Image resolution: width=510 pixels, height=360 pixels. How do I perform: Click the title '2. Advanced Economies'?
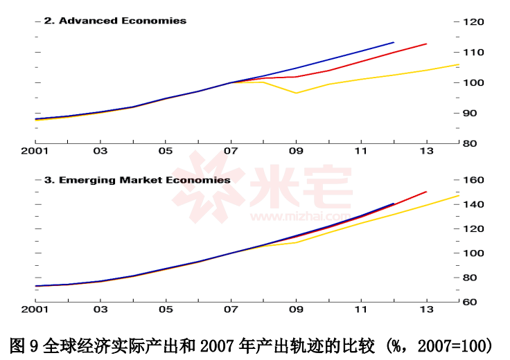coord(115,21)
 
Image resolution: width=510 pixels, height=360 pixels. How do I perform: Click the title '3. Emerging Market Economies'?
coord(137,180)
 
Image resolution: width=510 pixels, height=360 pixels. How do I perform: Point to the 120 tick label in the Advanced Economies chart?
coord(473,21)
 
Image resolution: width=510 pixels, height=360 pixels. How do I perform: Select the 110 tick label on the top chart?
coord(473,52)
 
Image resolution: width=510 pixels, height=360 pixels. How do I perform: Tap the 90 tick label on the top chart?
coord(470,113)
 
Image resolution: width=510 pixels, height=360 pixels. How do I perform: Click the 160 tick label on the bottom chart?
coord(473,180)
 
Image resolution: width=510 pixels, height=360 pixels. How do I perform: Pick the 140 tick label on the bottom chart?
coord(473,204)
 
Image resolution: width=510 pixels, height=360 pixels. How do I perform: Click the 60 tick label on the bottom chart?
coord(470,302)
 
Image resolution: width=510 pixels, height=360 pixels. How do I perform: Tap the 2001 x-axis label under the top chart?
coord(35,151)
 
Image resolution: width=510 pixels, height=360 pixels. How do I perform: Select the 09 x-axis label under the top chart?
coord(296,151)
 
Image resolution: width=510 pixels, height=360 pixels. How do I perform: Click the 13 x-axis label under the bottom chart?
coord(426,309)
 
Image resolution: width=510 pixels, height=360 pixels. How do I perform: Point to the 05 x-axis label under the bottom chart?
coord(166,309)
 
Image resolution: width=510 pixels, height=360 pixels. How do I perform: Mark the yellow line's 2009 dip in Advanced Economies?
coord(297,93)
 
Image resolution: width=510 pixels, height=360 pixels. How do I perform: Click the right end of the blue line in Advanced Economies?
coord(394,42)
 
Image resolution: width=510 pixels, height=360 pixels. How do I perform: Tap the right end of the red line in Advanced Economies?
coord(426,44)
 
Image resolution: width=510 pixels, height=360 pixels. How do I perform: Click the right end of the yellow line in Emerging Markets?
coord(459,196)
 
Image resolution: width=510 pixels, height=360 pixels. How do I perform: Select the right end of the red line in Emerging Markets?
coord(426,192)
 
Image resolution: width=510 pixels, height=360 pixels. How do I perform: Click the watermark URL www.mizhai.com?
coord(301,217)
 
